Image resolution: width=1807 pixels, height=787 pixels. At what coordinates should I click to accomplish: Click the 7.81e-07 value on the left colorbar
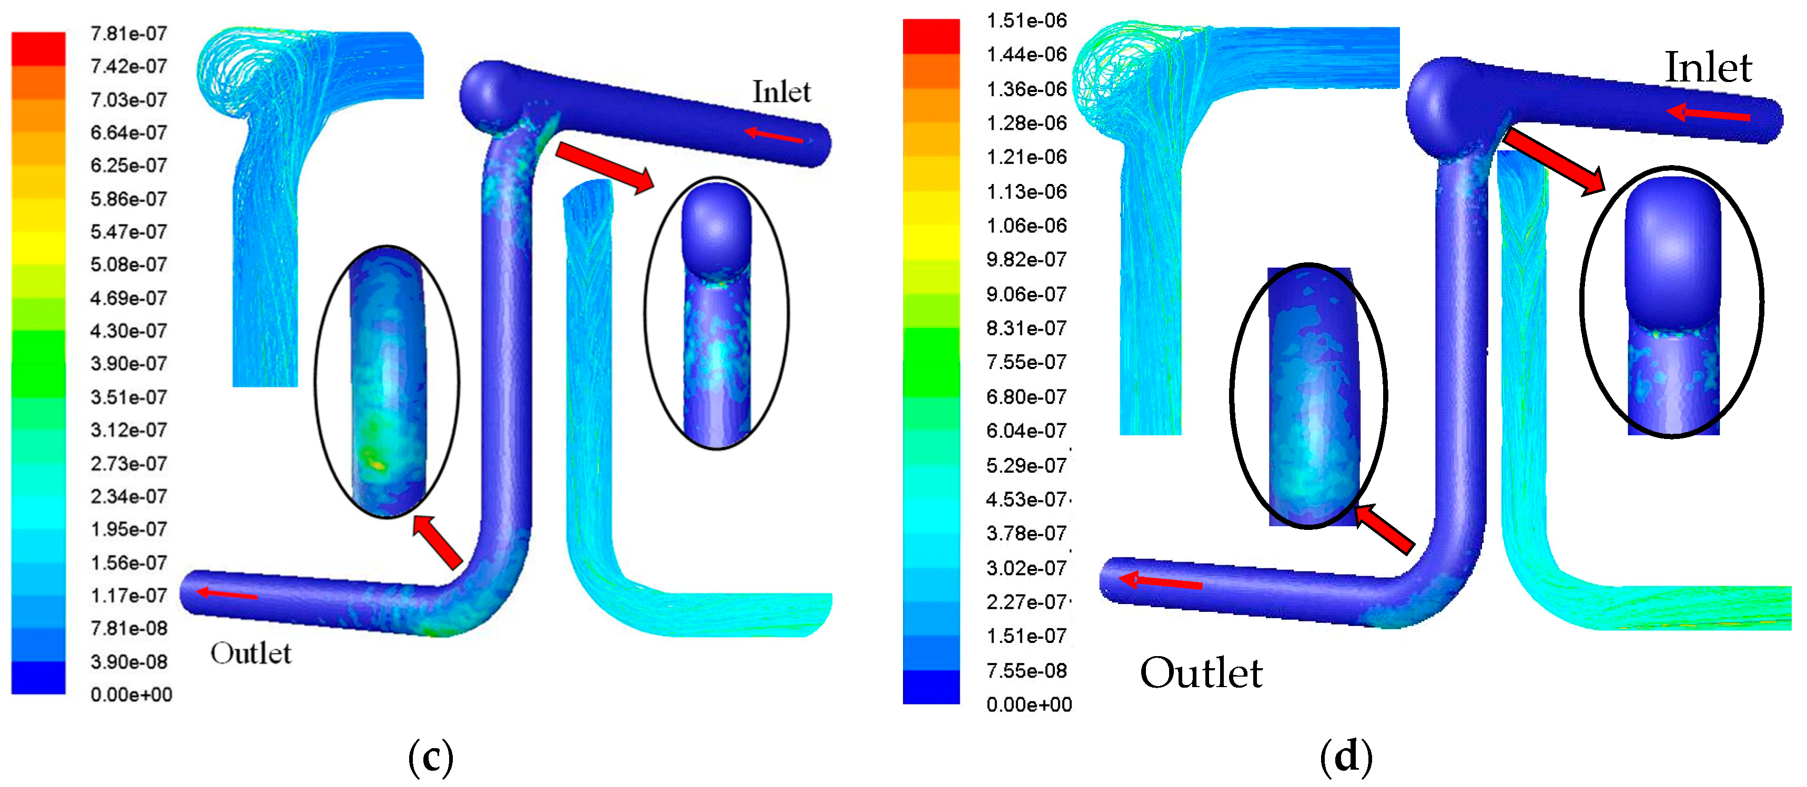click(x=129, y=33)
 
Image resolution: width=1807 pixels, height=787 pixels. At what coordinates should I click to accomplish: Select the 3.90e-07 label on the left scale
click(x=129, y=363)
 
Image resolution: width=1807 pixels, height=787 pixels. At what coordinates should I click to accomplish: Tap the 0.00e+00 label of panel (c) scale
click(x=131, y=694)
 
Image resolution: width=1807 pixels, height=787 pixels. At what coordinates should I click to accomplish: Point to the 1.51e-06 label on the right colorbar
click(x=1026, y=21)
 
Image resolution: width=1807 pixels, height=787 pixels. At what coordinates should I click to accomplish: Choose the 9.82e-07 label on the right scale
click(x=1026, y=260)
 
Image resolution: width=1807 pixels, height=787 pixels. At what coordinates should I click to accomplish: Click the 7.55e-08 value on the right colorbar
click(x=1026, y=671)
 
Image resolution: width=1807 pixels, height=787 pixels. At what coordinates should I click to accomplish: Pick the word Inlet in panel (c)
click(x=781, y=92)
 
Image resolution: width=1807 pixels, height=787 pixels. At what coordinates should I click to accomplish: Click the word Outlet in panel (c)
click(x=250, y=653)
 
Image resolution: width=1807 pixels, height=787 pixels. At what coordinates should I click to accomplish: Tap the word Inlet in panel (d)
click(x=1708, y=67)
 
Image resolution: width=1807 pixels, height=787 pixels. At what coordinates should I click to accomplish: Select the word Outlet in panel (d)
click(x=1201, y=673)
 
